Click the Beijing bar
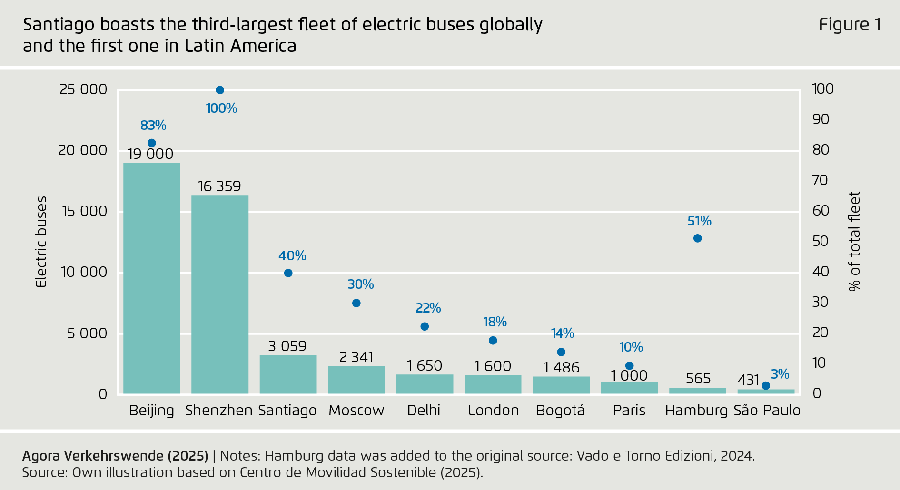(151, 278)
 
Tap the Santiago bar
(288, 374)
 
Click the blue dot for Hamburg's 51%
(697, 238)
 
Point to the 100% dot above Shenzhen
(220, 90)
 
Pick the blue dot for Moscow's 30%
(356, 303)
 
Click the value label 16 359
(219, 186)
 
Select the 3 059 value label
(287, 346)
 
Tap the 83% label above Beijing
(153, 125)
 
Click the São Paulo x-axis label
(767, 410)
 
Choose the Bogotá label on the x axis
(560, 410)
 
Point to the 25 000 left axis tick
(83, 89)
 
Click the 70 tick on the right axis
(820, 180)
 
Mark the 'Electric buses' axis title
(42, 242)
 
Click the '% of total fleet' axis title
(855, 241)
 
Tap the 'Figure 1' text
(850, 24)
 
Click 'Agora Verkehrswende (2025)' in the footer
(115, 456)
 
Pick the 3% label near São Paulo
(780, 374)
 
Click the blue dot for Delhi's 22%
(425, 326)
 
